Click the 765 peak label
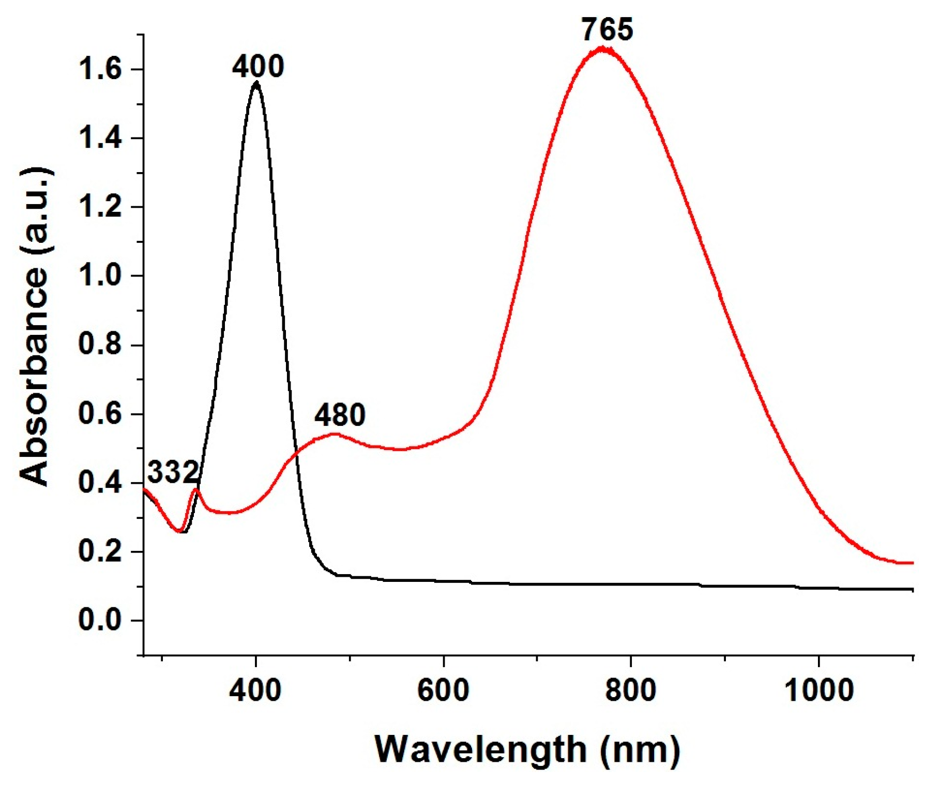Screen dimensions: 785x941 tap(607, 29)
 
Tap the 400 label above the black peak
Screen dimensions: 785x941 tap(257, 67)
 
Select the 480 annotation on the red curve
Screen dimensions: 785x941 tap(340, 415)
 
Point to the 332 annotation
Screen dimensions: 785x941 tap(173, 472)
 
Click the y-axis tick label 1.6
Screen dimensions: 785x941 tap(100, 69)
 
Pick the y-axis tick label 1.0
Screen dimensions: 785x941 tap(100, 276)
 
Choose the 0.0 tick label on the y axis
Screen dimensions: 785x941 tap(100, 620)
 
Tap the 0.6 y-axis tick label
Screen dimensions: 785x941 tap(100, 414)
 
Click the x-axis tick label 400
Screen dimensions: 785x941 tap(256, 690)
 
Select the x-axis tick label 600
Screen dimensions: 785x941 tap(444, 690)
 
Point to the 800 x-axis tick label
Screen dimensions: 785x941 tap(631, 690)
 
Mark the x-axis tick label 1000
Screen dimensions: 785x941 tap(818, 690)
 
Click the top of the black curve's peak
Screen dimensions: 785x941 tap(256, 83)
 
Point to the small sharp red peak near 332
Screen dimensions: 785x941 tap(195, 489)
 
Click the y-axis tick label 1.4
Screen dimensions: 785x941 tap(100, 138)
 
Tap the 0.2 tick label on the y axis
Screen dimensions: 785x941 tap(100, 551)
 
